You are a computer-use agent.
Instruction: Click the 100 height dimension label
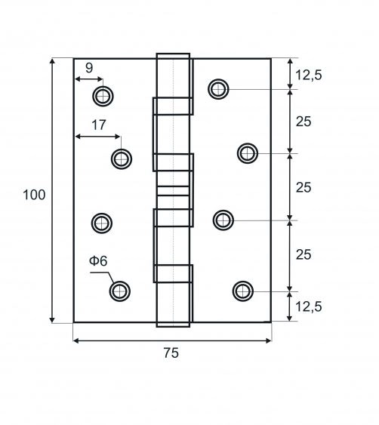click(x=34, y=195)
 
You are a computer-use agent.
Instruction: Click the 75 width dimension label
click(x=171, y=353)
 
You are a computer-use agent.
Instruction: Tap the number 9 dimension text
click(x=89, y=68)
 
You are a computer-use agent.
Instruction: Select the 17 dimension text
click(x=98, y=125)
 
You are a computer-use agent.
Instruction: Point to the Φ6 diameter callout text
click(x=98, y=261)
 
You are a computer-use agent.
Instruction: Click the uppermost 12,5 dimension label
click(x=308, y=75)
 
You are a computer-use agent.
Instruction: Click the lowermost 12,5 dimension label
click(x=308, y=306)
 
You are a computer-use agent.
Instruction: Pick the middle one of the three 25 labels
click(x=304, y=187)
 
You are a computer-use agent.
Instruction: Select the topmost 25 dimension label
click(x=304, y=122)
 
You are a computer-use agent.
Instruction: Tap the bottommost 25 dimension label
click(x=304, y=254)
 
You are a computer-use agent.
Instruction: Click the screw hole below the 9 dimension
click(x=103, y=96)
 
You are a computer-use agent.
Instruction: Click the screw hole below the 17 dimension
click(x=122, y=159)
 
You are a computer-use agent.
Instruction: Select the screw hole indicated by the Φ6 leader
click(x=120, y=291)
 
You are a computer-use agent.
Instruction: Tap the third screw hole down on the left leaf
click(x=102, y=223)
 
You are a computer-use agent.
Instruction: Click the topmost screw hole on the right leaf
click(x=218, y=89)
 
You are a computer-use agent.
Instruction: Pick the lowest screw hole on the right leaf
click(x=243, y=291)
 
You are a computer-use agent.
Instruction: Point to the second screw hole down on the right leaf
click(x=248, y=153)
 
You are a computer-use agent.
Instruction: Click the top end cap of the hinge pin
click(x=173, y=56)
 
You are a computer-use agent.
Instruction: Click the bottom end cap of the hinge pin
click(x=173, y=325)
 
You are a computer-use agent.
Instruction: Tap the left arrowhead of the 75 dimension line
click(x=76, y=340)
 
